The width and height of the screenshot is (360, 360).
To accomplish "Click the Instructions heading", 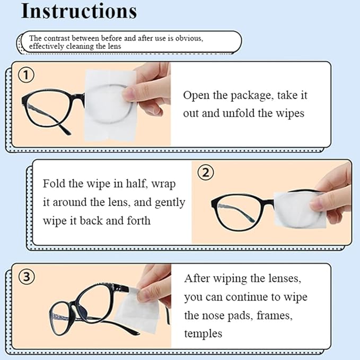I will coord(78,12).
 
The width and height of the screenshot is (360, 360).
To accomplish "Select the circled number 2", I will coord(205,173).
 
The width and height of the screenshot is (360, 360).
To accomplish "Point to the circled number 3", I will coord(27,276).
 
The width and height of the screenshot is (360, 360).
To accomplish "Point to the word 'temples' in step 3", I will coord(203,333).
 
